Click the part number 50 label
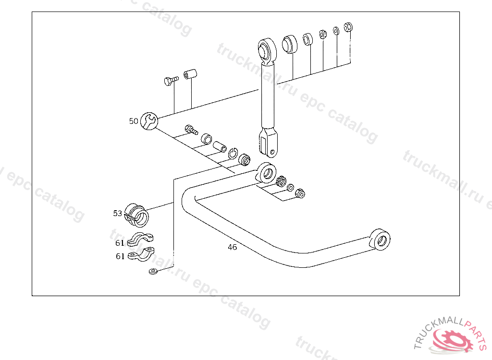(x=134, y=121)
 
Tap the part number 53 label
(x=118, y=213)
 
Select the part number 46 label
(x=232, y=247)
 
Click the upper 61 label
(x=120, y=243)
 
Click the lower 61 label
(x=120, y=256)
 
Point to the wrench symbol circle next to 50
(x=149, y=121)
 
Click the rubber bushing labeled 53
(x=137, y=215)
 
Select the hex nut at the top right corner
(x=349, y=26)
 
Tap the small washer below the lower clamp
(x=153, y=272)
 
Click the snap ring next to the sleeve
(x=234, y=153)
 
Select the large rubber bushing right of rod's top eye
(x=289, y=43)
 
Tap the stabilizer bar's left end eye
(x=267, y=172)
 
